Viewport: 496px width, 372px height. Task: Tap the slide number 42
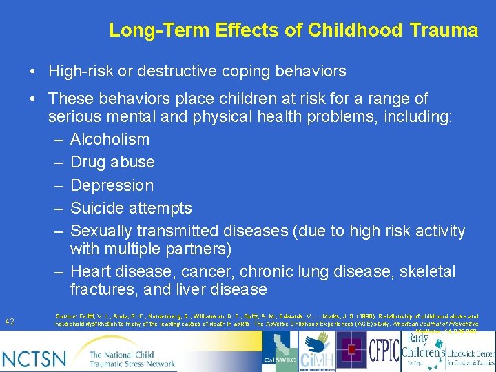tap(10, 322)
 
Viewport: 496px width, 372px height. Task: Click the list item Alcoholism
tap(110, 139)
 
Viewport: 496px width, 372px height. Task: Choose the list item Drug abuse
tap(112, 163)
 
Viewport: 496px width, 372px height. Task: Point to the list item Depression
tap(112, 185)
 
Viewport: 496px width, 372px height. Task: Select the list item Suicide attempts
tap(131, 208)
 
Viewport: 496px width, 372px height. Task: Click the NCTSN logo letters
tap(34, 358)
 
